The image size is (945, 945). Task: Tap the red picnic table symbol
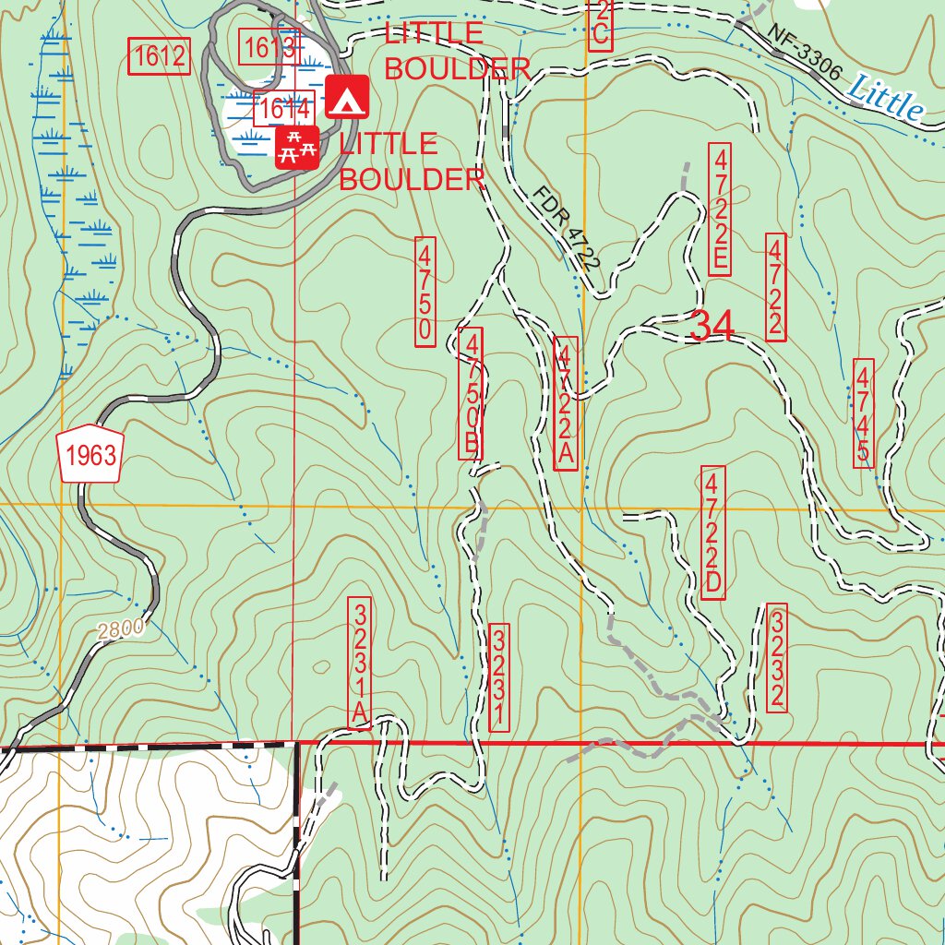[x=297, y=147]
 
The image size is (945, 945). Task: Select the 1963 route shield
[x=90, y=454]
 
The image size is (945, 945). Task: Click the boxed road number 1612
[x=159, y=57]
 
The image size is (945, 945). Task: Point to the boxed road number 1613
[x=269, y=46]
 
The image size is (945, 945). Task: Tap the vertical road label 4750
[x=425, y=292]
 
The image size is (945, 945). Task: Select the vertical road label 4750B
[x=471, y=393]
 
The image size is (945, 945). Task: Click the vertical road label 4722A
[x=567, y=403]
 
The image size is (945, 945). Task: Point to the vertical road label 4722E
[x=720, y=209]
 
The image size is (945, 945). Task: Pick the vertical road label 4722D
[x=712, y=532]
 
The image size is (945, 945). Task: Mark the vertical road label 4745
[x=863, y=413]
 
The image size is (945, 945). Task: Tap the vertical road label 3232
[x=777, y=658]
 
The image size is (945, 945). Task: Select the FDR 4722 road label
[x=567, y=227]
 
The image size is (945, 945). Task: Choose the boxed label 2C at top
[x=600, y=23]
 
